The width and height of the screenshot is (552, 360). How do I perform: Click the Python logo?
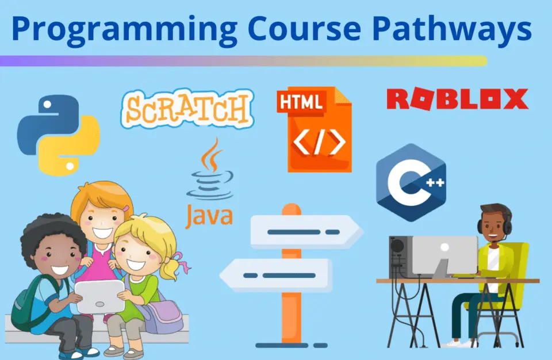(x=59, y=135)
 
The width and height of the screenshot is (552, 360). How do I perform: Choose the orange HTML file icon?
(x=315, y=129)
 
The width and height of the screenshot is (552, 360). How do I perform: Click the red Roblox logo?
(x=457, y=99)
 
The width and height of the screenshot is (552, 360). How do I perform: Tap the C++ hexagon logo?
(x=411, y=182)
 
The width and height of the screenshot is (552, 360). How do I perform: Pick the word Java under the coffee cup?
(x=209, y=215)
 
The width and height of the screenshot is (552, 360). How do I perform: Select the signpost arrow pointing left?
(x=275, y=275)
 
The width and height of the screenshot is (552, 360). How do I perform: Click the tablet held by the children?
(x=99, y=297)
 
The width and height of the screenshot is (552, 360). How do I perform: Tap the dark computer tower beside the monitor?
(x=401, y=257)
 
